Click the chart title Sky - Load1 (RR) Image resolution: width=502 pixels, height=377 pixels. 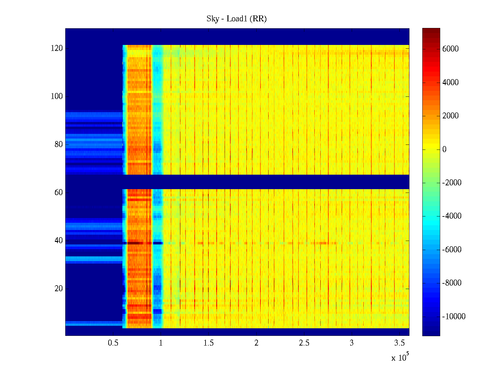(x=236, y=19)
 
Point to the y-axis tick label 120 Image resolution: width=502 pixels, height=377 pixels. (x=56, y=48)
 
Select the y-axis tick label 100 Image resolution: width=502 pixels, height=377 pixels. (x=56, y=96)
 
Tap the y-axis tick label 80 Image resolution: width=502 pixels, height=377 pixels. (x=58, y=145)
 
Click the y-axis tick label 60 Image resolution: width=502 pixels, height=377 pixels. (x=58, y=193)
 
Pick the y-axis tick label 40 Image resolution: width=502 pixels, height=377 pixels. (x=58, y=241)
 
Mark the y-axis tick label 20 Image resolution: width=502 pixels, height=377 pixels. (x=58, y=289)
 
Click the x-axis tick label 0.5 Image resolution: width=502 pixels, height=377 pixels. (x=113, y=343)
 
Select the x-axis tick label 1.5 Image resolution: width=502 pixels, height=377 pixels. (x=208, y=343)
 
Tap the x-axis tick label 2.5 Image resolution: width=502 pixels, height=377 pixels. (x=304, y=343)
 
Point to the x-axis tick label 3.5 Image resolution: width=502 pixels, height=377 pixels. (x=399, y=343)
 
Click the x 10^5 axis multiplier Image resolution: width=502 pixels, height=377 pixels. (x=400, y=357)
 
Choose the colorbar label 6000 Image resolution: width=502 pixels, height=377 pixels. (x=450, y=49)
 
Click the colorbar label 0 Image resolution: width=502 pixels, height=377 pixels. (x=444, y=149)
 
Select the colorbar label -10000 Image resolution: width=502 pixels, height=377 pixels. (x=454, y=317)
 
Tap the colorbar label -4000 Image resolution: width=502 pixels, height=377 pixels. (x=452, y=216)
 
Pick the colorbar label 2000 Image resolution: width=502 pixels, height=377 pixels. (x=450, y=116)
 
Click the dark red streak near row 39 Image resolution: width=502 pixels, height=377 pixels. (x=135, y=243)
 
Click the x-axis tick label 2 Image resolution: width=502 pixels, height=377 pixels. (x=256, y=343)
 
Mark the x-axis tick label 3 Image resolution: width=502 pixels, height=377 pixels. (x=352, y=343)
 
